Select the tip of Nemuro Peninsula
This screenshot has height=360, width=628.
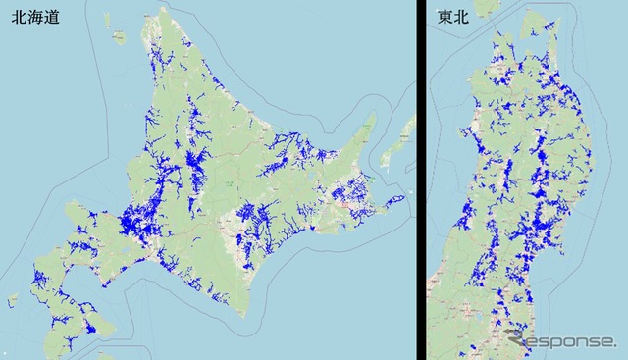[x=400, y=201]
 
